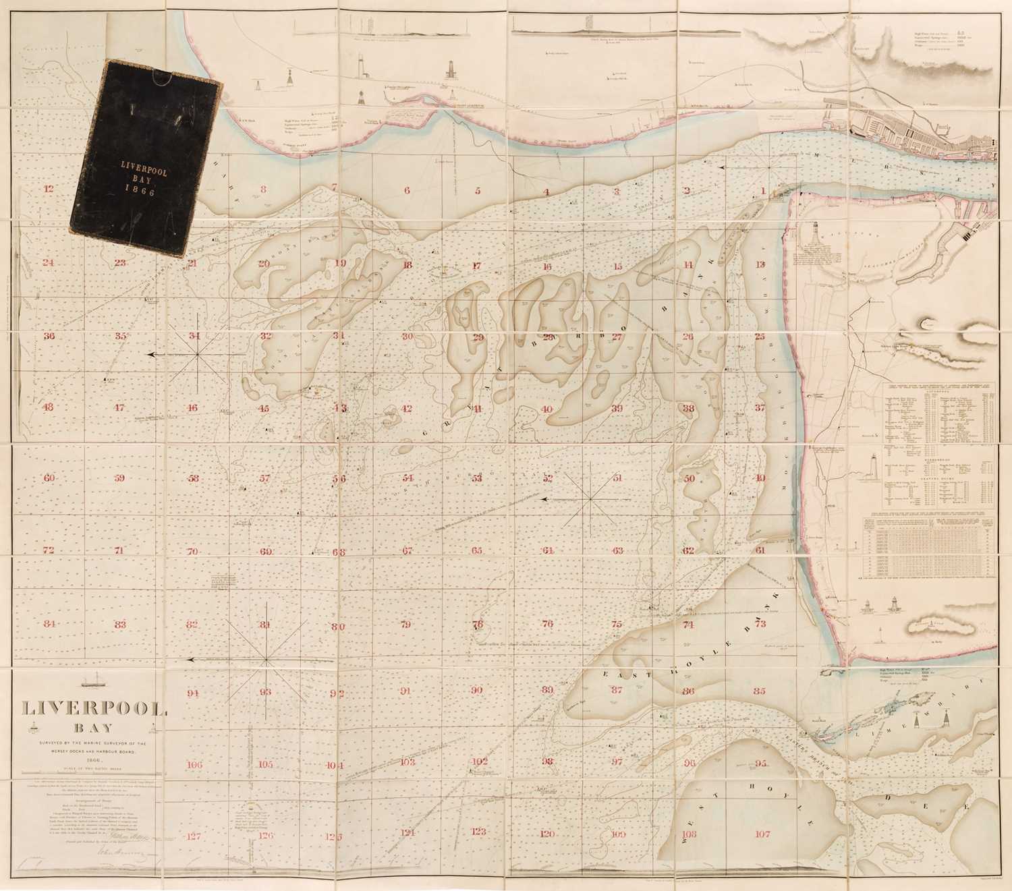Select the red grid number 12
(x=47, y=190)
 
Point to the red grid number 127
(x=194, y=837)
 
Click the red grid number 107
(x=762, y=834)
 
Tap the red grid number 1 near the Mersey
(x=763, y=191)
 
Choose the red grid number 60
(x=49, y=478)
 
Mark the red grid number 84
(x=49, y=624)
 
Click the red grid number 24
(x=47, y=262)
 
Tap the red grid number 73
(x=760, y=624)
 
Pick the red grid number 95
(x=762, y=764)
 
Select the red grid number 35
(x=120, y=336)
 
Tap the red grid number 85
(x=760, y=691)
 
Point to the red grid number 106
(x=194, y=765)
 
